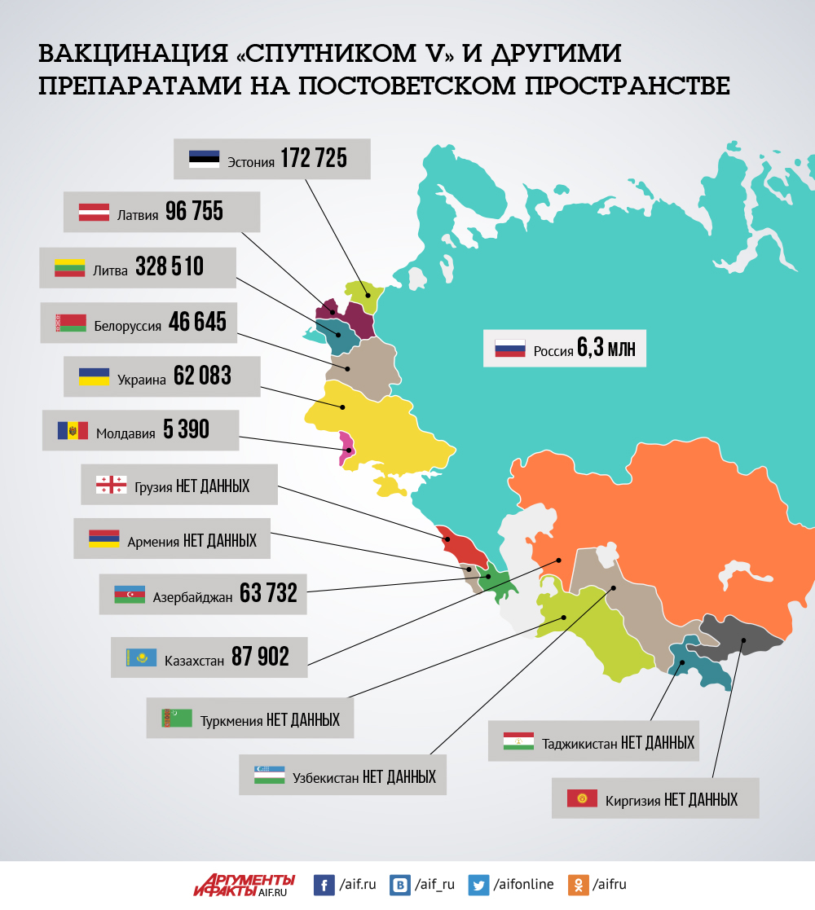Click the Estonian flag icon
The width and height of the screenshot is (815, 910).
[204, 159]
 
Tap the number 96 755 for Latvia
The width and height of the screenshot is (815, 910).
[194, 212]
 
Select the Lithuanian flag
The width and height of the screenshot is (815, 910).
[70, 267]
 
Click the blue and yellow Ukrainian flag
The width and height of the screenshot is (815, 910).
[94, 376]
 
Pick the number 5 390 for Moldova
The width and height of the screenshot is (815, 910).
[186, 430]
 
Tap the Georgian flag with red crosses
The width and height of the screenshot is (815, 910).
[112, 485]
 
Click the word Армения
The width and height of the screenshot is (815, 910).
[153, 540]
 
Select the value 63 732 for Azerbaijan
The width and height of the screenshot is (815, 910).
[268, 594]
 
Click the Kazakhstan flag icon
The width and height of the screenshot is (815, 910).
[141, 657]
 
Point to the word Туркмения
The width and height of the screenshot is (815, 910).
[231, 720]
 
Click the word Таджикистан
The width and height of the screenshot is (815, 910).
[579, 743]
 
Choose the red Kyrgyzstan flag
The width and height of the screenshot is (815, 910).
[582, 798]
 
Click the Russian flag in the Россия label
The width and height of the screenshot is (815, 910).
[509, 349]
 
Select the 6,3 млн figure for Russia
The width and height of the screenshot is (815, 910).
[606, 349]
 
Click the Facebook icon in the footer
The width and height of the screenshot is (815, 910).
[324, 885]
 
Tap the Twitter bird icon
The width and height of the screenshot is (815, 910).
[479, 885]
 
